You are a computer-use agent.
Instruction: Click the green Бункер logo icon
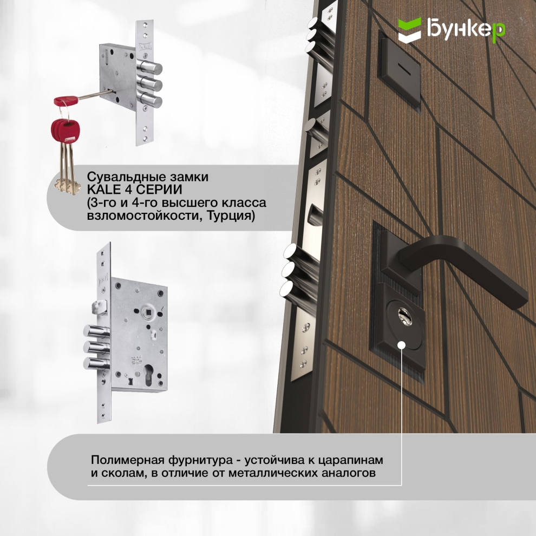(x=409, y=30)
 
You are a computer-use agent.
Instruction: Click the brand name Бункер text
(x=466, y=29)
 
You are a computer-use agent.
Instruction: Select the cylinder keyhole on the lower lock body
(x=149, y=373)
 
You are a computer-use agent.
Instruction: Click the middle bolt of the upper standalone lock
(x=150, y=83)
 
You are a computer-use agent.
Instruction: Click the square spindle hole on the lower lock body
(x=149, y=312)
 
